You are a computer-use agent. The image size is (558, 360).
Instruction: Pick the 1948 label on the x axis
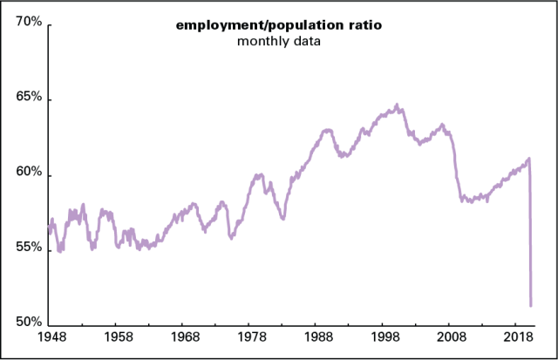(x=50, y=336)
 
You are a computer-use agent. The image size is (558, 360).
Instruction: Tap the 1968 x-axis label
(x=183, y=336)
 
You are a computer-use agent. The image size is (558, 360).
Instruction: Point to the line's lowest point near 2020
(x=531, y=305)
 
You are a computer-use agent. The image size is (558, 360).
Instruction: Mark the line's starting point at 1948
(x=50, y=228)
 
